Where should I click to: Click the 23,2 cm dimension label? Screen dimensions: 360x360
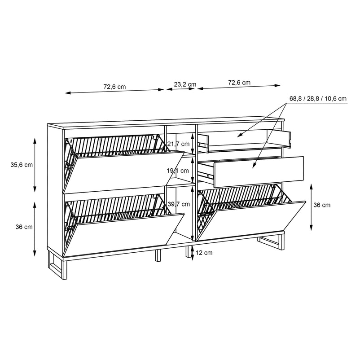[185, 84]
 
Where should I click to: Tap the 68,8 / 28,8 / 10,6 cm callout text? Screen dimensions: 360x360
[318, 99]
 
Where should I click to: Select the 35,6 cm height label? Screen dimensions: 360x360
[22, 165]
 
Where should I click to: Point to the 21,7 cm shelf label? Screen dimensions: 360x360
[178, 144]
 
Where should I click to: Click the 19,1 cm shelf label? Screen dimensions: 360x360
[178, 171]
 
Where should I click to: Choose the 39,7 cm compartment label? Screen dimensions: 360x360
[179, 204]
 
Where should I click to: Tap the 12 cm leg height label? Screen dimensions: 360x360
[204, 253]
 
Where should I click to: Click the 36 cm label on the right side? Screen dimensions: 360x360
[322, 205]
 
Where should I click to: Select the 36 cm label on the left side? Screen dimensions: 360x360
[24, 227]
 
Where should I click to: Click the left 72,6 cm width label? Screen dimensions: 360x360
[114, 87]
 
